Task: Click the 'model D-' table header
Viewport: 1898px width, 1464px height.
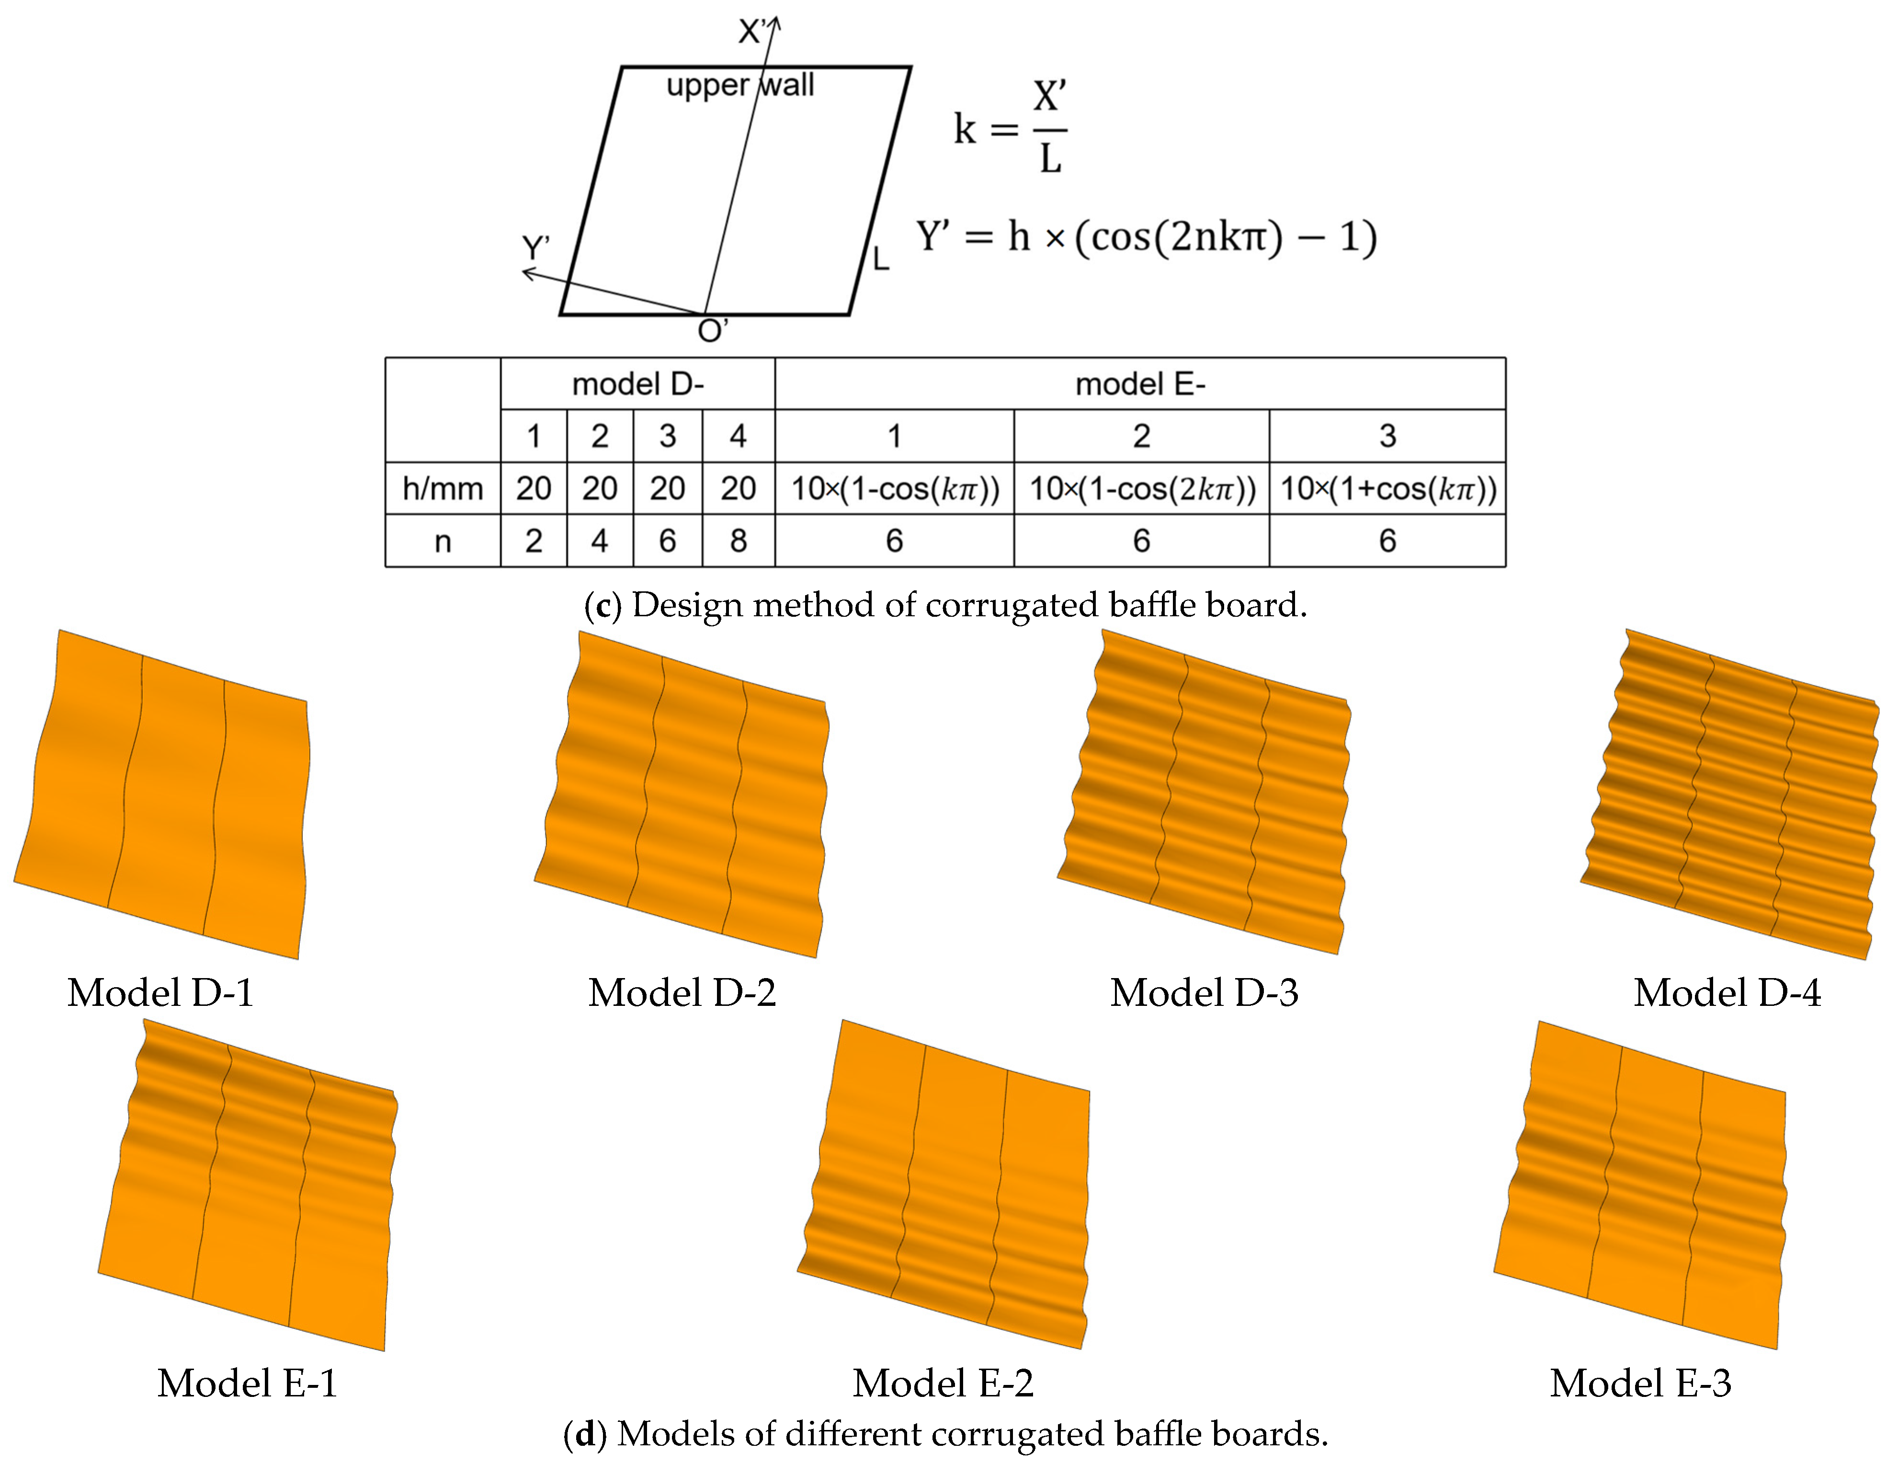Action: pos(637,384)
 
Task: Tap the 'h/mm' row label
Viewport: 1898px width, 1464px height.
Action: pos(443,489)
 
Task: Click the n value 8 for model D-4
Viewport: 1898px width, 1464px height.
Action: pos(738,541)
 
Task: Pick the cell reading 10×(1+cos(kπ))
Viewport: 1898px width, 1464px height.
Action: pos(1387,489)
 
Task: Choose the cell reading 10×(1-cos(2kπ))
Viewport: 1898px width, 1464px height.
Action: pos(1141,489)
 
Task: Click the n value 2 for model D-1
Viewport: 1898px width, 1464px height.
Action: pos(534,541)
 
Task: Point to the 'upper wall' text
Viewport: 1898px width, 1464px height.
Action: pos(739,85)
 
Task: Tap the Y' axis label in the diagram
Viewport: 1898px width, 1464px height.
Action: pos(535,249)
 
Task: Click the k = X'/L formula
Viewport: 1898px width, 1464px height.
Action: pos(1010,128)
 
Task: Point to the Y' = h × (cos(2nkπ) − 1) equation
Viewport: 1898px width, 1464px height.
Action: pos(1146,236)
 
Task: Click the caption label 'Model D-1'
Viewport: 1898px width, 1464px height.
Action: pos(161,993)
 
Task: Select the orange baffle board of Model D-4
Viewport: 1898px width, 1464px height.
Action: pos(1729,795)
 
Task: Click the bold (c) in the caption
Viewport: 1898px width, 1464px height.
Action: pos(602,605)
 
